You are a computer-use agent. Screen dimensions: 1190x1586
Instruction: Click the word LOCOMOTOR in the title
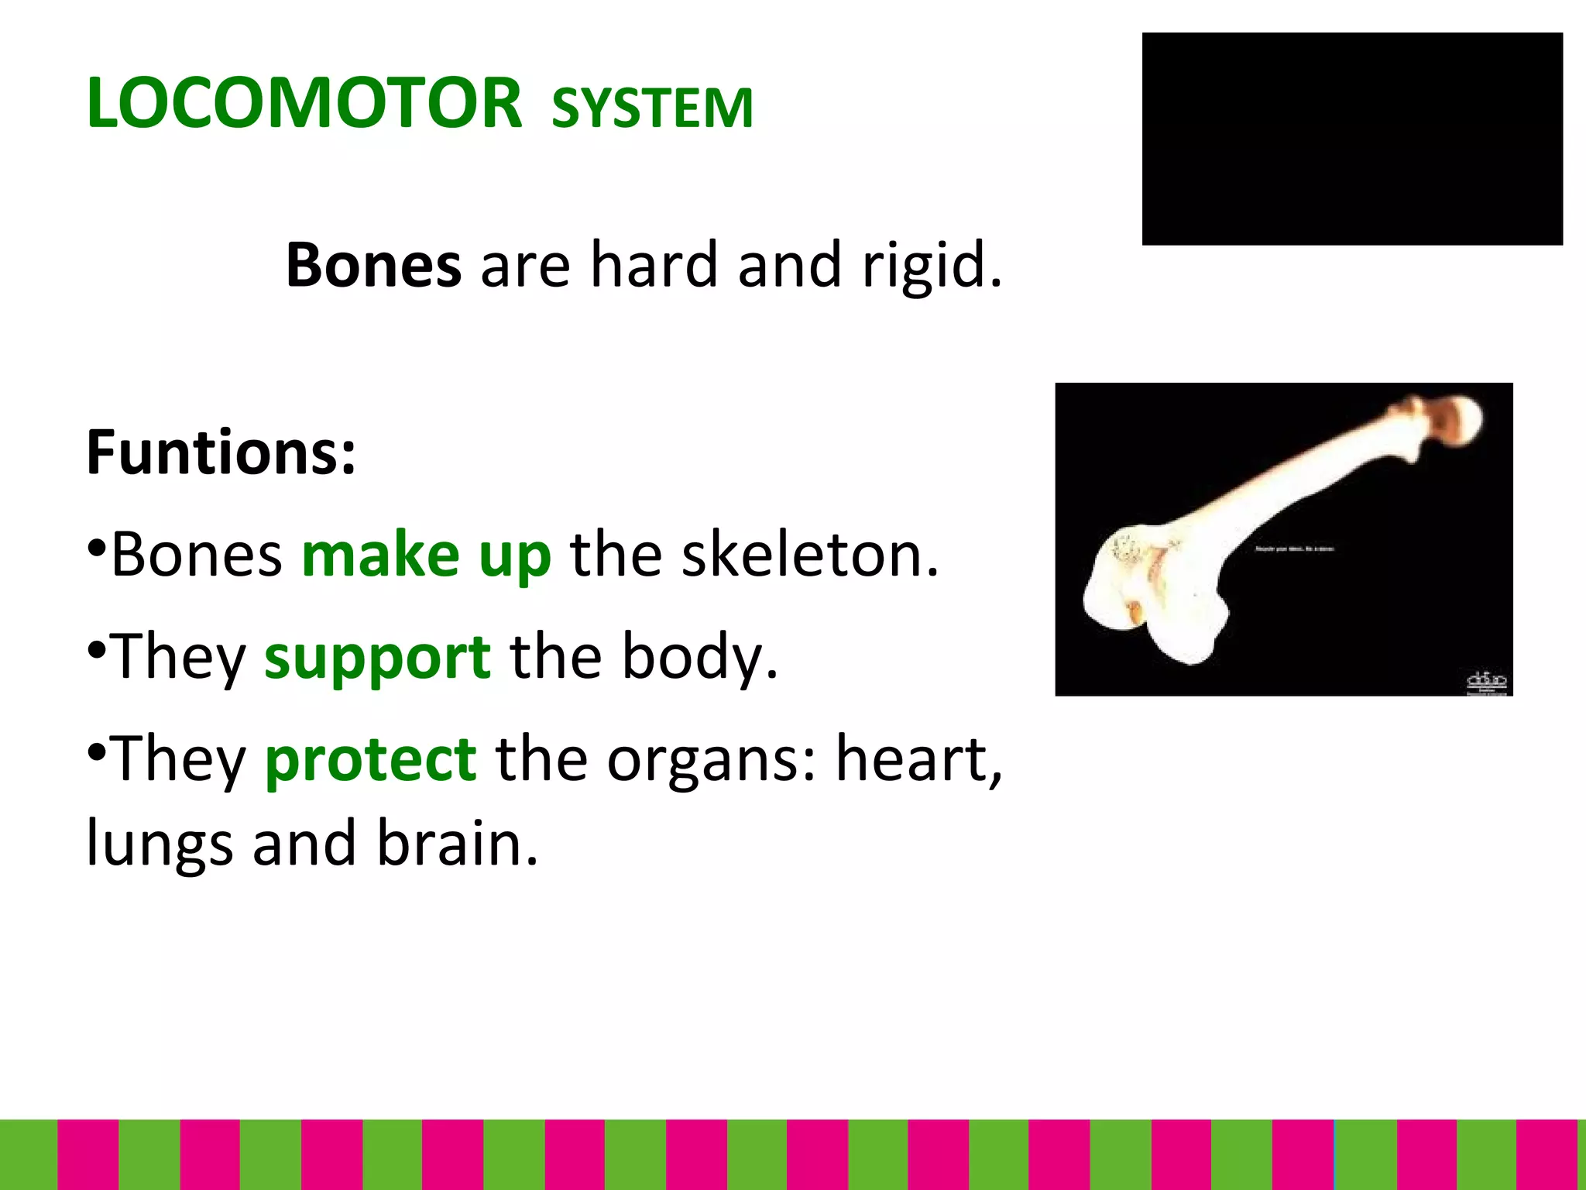[304, 104]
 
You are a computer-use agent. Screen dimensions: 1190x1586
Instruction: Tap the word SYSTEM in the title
[652, 108]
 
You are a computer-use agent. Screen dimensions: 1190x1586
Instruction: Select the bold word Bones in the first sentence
[373, 266]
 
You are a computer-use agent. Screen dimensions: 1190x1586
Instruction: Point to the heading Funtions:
[221, 452]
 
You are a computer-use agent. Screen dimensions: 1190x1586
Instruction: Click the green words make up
[426, 555]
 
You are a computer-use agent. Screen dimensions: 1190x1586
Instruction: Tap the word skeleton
[809, 555]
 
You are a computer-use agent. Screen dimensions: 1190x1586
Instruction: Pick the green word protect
[370, 760]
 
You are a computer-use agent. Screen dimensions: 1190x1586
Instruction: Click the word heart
[918, 760]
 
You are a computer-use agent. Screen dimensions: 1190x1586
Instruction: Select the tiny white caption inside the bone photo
[1293, 549]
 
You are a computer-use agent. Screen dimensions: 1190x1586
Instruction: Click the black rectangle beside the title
[1351, 139]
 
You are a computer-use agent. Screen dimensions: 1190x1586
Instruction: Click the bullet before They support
[96, 649]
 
